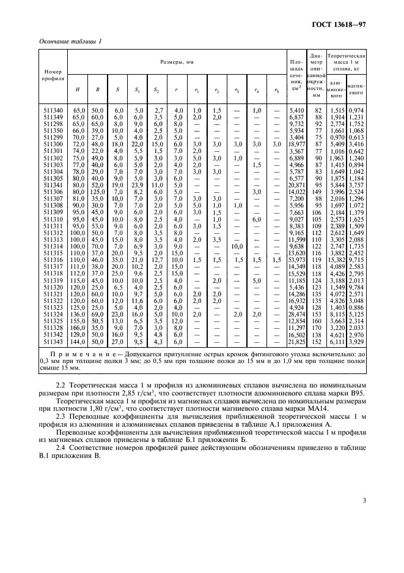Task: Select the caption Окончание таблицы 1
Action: coord(72,40)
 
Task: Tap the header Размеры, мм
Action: coord(177,62)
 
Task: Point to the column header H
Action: coord(78,90)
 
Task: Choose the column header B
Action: coord(97,90)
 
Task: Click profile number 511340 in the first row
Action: coord(53,110)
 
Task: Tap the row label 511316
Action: coord(53,260)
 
